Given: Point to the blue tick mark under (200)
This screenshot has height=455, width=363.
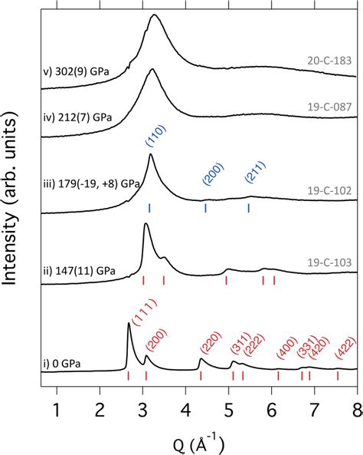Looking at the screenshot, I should (206, 208).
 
